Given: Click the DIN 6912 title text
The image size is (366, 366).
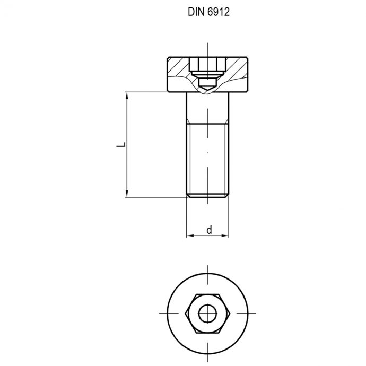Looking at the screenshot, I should point(207,12).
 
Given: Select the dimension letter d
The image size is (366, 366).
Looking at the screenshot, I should point(209,230).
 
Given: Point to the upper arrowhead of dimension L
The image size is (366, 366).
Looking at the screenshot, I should point(127,96).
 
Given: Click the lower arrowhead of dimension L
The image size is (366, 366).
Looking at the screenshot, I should point(127,193).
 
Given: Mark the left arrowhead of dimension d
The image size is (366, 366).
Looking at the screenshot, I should point(189,236).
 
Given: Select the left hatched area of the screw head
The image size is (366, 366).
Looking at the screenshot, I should point(178,69).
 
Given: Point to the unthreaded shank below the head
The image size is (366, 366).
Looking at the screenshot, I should point(207,109).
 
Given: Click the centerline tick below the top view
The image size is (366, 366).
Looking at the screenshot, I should point(207,360).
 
